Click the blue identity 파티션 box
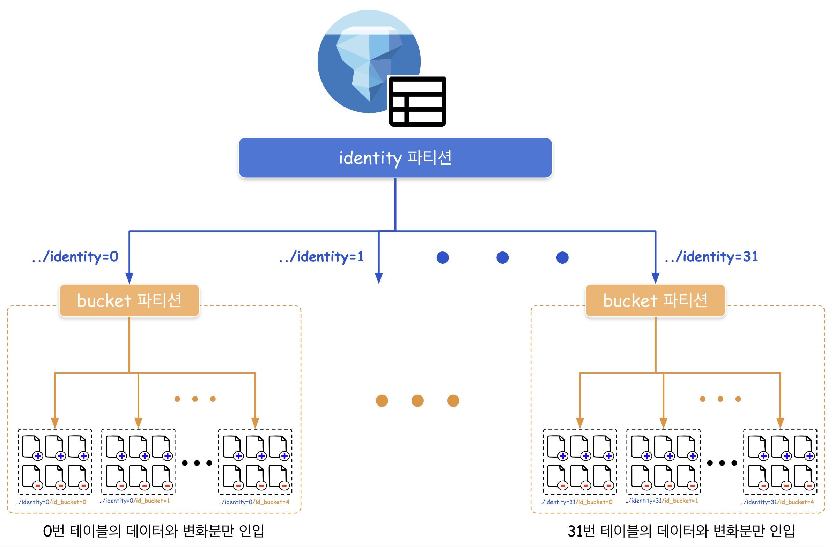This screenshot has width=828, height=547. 395,158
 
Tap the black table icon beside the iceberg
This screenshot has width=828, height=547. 417,102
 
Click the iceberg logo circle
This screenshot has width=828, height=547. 369,61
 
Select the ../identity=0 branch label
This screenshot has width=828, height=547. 75,257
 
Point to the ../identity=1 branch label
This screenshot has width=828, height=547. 321,257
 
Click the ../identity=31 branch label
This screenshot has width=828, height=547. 711,257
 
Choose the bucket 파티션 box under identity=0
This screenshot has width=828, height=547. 129,300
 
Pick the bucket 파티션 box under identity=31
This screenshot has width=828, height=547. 655,300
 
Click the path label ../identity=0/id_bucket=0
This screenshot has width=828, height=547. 51,502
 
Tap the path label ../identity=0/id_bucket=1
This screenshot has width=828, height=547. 135,501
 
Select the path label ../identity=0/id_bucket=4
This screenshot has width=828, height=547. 254,502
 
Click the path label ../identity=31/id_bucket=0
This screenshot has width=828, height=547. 576,502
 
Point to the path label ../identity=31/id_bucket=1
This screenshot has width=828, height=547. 662,501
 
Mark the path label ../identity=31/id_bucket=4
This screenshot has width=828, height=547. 777,502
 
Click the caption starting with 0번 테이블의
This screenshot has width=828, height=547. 154,531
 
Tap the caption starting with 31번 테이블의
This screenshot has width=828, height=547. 681,531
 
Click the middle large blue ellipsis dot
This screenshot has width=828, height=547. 502,257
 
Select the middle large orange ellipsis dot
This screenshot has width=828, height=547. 417,400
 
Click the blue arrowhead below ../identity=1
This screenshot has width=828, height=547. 379,278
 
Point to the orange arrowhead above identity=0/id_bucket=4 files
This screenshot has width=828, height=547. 255,423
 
